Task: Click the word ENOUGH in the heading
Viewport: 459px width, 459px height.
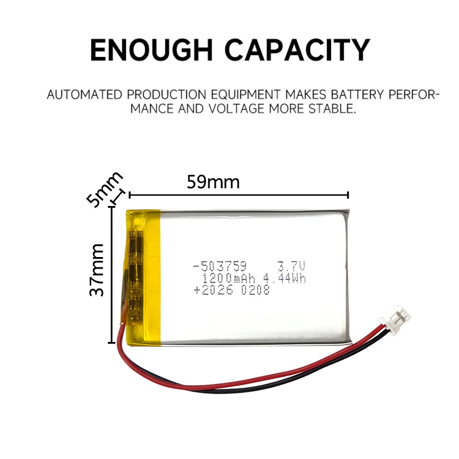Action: click(x=151, y=50)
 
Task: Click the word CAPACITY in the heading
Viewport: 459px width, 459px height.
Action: click(x=297, y=50)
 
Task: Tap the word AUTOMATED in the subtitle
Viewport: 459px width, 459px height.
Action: click(x=84, y=95)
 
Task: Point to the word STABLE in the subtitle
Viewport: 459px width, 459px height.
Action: click(x=332, y=109)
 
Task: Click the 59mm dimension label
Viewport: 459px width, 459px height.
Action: click(x=213, y=182)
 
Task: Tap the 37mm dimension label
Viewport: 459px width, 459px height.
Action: click(x=96, y=270)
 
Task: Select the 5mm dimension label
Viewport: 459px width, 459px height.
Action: click(x=104, y=189)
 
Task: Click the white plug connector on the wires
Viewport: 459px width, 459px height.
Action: click(x=394, y=320)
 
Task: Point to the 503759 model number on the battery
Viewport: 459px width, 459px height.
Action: click(x=220, y=266)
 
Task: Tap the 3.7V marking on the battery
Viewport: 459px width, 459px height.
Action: click(x=291, y=266)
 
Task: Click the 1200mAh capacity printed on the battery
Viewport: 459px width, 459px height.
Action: click(x=228, y=278)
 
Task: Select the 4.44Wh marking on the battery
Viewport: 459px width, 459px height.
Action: click(x=284, y=278)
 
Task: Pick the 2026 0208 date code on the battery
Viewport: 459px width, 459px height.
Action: click(x=232, y=290)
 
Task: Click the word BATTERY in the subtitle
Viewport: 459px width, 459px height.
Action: click(x=357, y=95)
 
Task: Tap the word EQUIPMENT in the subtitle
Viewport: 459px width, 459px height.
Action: click(x=246, y=95)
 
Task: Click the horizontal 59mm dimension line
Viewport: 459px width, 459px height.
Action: click(x=239, y=195)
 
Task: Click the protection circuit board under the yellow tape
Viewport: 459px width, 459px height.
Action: click(x=135, y=276)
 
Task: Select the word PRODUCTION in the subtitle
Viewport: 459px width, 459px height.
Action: click(x=166, y=95)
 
